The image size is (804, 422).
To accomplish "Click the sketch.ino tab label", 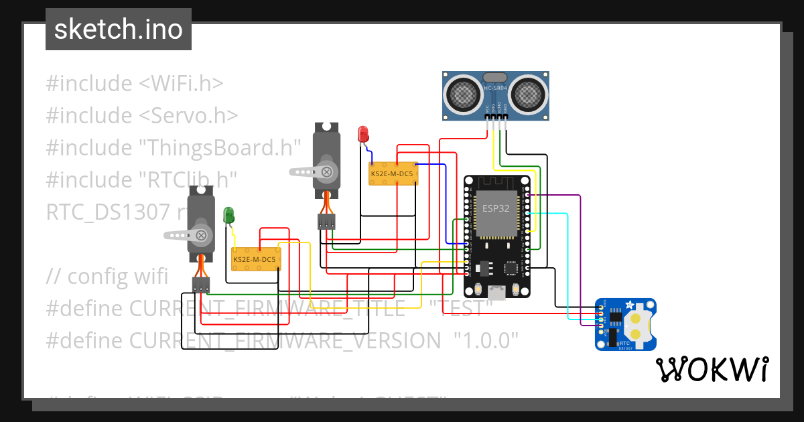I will [118, 29].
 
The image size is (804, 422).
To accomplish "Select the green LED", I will [228, 215].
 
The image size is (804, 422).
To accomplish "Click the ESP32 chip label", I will [496, 208].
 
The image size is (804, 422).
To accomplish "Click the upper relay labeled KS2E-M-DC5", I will [393, 174].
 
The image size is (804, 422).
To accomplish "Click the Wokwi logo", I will [712, 369].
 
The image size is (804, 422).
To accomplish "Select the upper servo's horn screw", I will [326, 171].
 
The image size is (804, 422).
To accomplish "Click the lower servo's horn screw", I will [200, 234].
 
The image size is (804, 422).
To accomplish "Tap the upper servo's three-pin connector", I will [326, 222].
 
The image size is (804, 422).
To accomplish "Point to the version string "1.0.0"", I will [486, 340].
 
